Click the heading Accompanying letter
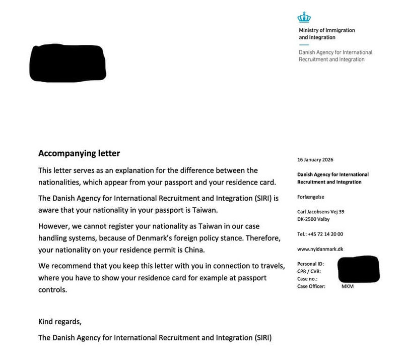tap(79, 153)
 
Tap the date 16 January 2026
tap(316, 160)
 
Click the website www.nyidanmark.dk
tap(320, 249)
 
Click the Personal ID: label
tap(311, 264)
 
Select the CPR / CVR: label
tap(310, 271)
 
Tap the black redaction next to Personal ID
tap(358, 269)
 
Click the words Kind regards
tap(59, 321)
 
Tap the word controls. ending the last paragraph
tap(52, 290)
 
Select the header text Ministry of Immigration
tap(326, 30)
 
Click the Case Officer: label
tap(312, 286)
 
